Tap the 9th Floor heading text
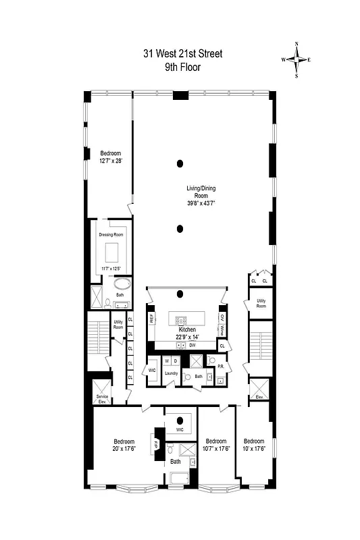tap(182, 67)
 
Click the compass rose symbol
tap(297, 59)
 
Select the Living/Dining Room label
tap(201, 196)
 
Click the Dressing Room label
tap(109, 234)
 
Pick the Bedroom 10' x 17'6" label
tap(254, 446)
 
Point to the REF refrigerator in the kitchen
tap(151, 317)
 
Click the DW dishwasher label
tap(192, 346)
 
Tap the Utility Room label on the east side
tap(261, 303)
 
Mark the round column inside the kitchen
tap(180, 294)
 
